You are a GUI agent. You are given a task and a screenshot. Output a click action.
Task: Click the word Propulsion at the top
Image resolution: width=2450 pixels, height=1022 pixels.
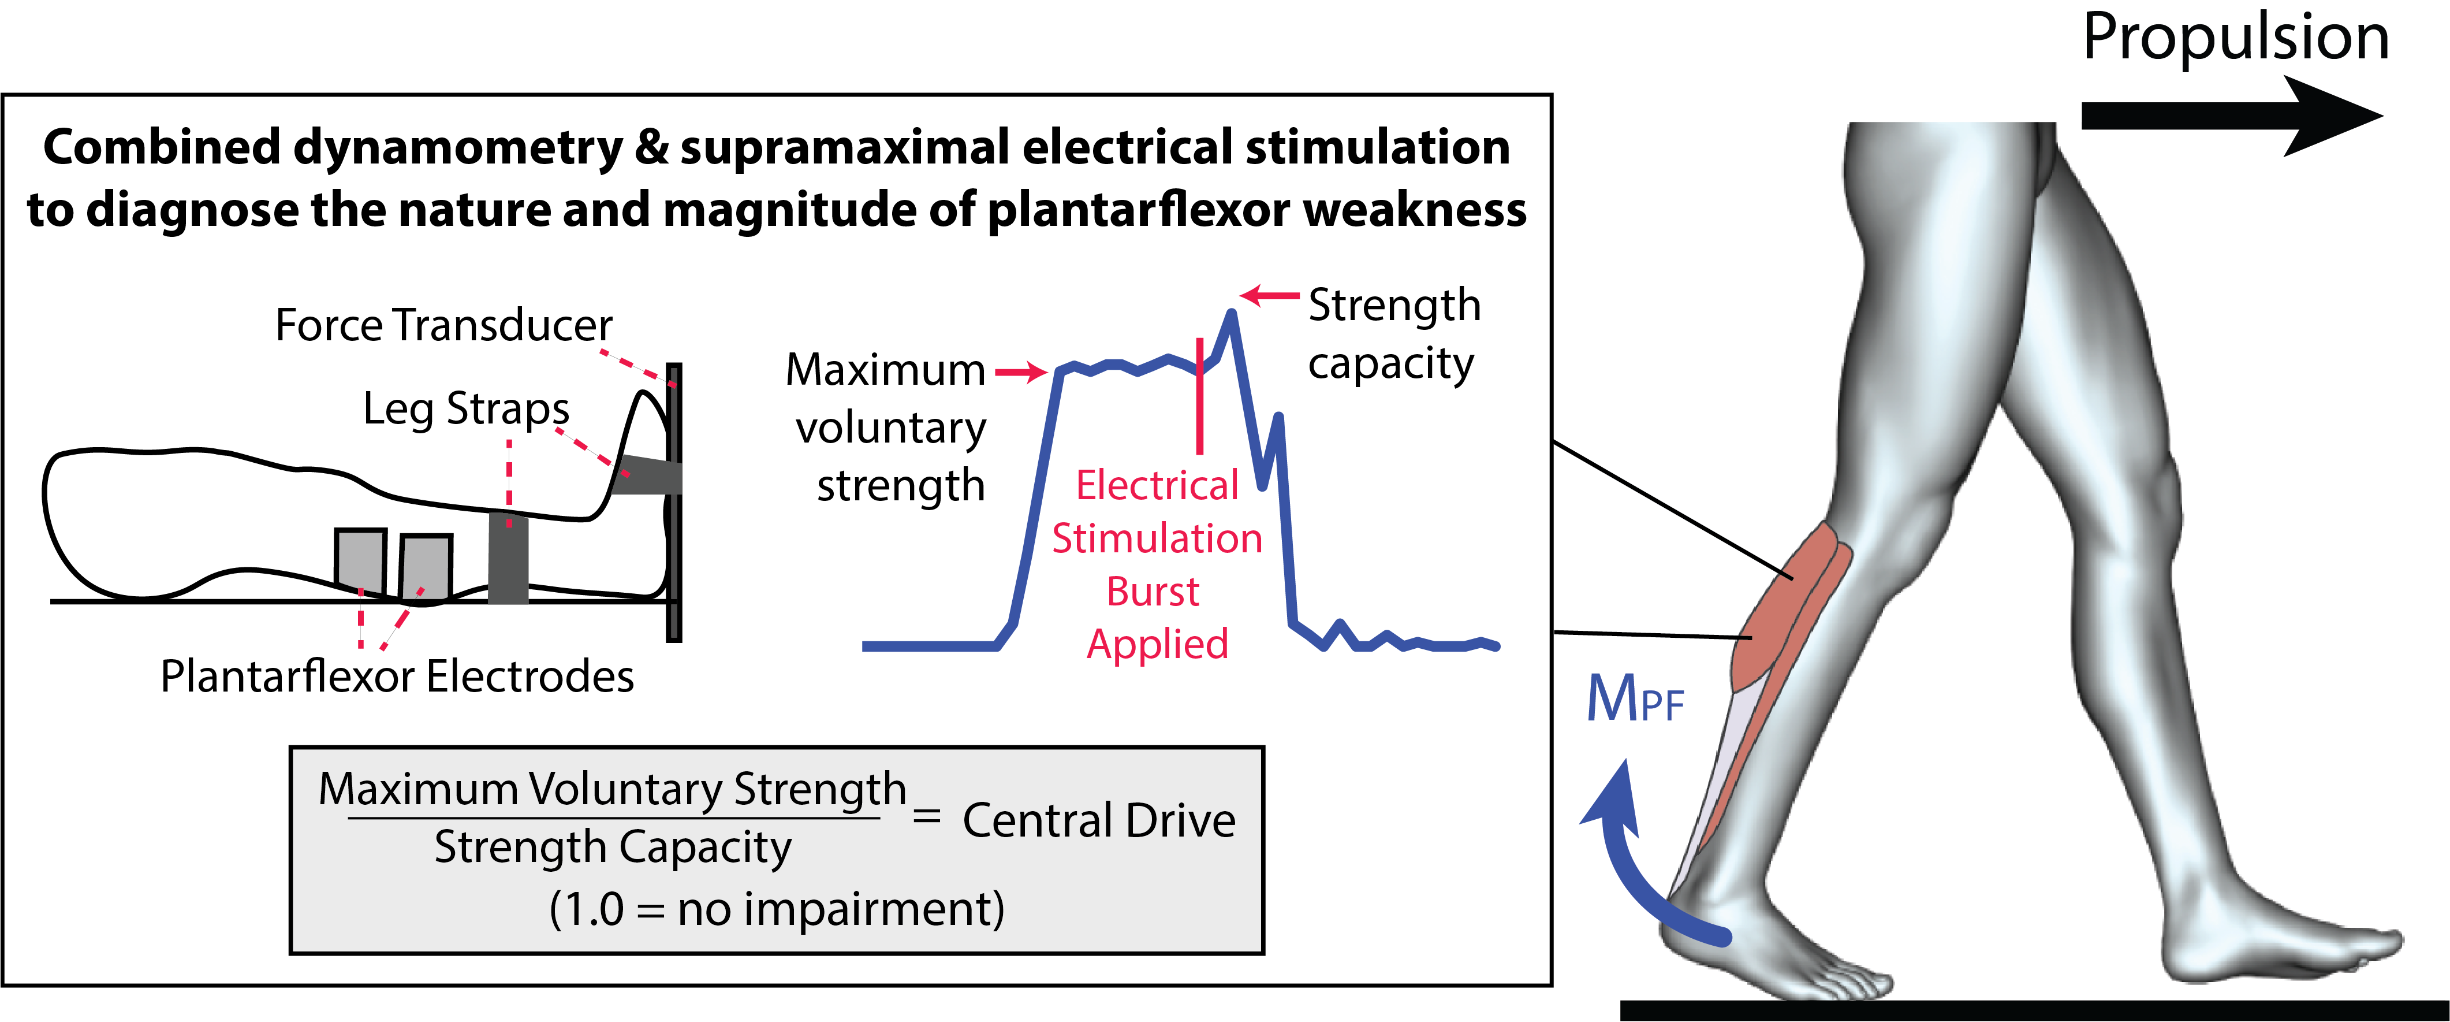pos(2235,38)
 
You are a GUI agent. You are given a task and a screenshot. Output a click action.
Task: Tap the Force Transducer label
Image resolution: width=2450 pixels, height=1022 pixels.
pos(443,325)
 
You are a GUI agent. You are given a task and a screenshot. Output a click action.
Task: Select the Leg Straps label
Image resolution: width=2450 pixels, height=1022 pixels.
pos(466,409)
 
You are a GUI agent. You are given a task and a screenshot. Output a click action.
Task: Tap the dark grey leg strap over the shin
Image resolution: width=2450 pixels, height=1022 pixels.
pos(508,558)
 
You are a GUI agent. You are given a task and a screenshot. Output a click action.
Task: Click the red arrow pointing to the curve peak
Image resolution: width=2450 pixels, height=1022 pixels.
pos(1270,296)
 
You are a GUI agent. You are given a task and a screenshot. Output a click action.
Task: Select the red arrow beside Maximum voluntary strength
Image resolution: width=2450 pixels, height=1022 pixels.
pos(1020,372)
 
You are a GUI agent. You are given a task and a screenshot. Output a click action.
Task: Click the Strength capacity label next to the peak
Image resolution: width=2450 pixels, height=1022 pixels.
pos(1393,333)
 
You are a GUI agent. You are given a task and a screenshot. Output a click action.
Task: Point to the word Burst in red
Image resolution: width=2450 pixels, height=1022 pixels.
pos(1153,592)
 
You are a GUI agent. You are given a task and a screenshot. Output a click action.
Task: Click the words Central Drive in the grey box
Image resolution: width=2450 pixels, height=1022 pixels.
pos(1098,820)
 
